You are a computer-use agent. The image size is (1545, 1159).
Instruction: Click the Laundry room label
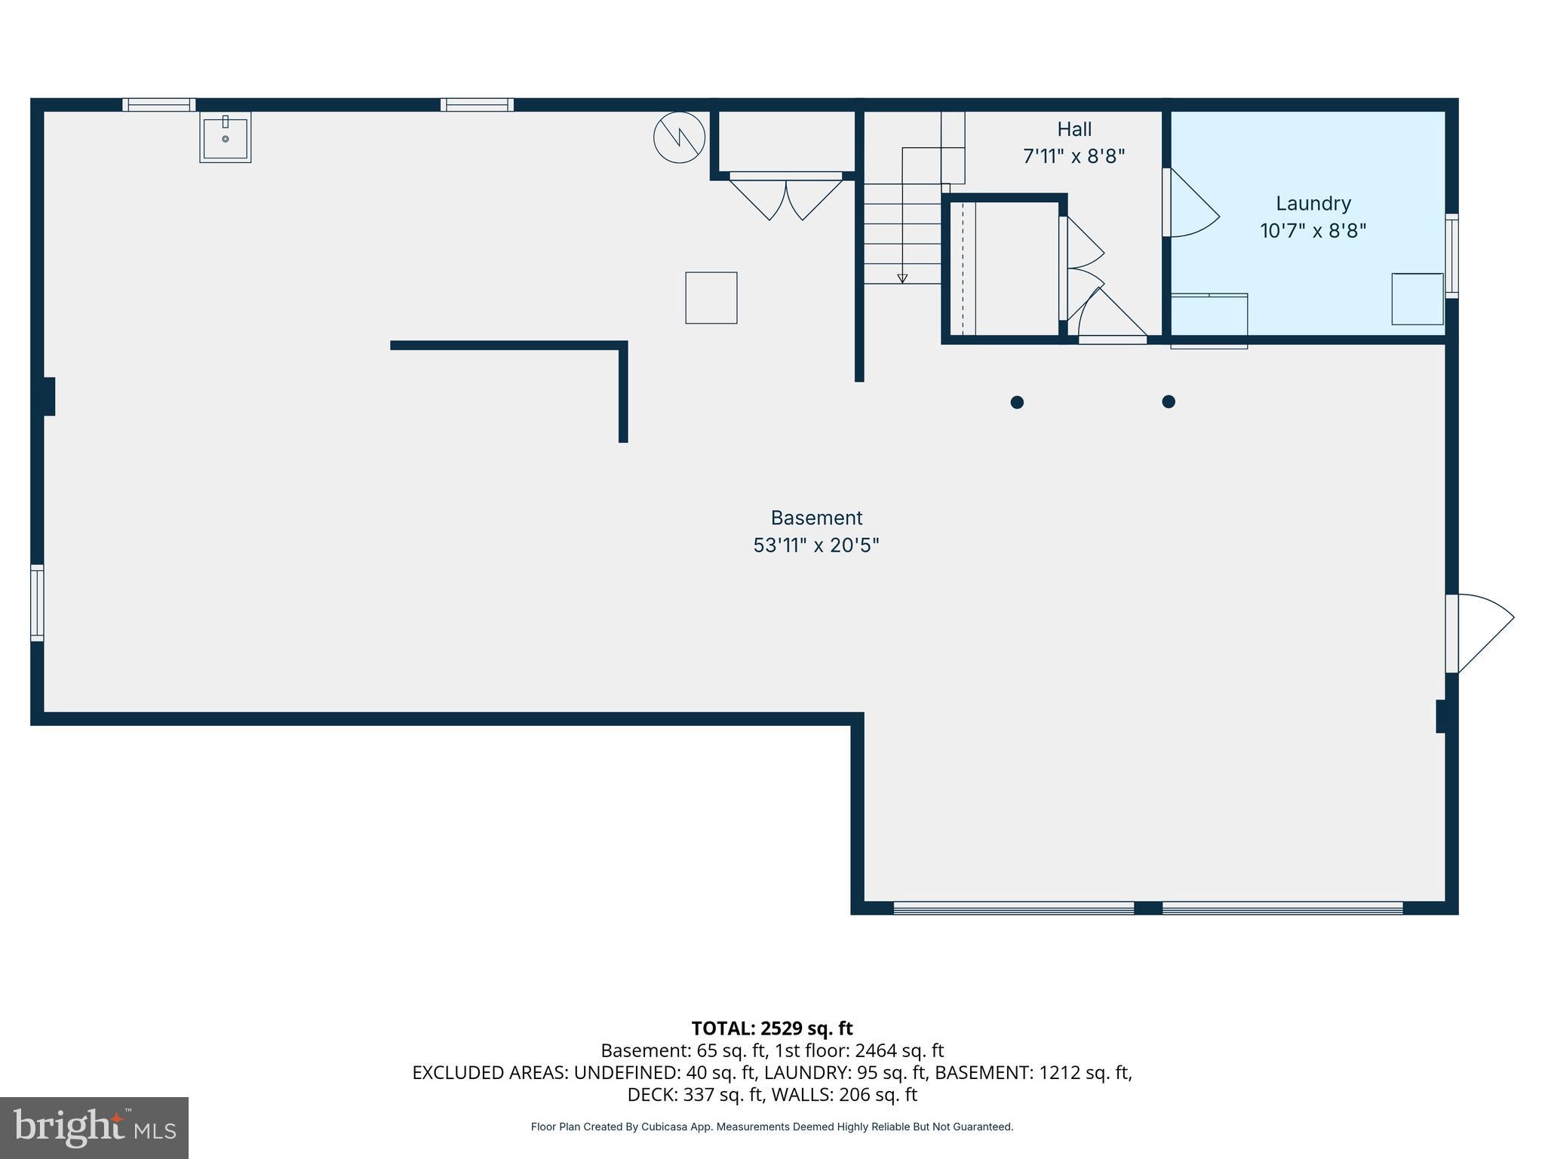tap(1313, 203)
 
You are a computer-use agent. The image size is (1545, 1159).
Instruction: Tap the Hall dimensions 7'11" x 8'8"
tap(1074, 156)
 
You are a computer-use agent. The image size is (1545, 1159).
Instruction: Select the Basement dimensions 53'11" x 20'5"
tap(816, 545)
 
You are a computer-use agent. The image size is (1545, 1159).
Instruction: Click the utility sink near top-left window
tap(225, 138)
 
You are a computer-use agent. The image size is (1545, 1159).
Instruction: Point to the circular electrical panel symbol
tap(679, 137)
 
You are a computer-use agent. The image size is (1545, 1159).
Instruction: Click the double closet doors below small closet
tap(785, 195)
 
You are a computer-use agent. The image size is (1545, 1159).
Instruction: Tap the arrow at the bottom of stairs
tap(902, 278)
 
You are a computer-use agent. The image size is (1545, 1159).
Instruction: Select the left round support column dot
tap(1017, 402)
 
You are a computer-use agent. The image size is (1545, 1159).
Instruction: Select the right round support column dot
tap(1169, 401)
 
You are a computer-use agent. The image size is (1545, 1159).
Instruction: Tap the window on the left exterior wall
tap(37, 602)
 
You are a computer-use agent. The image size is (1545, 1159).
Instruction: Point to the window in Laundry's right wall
tap(1451, 255)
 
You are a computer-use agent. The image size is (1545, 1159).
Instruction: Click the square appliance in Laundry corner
tap(1417, 299)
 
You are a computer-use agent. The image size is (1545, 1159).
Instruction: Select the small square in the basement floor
tap(711, 298)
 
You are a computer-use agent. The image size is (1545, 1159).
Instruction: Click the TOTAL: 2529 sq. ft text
tap(772, 1028)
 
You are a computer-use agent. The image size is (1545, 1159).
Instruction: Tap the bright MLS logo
tap(94, 1127)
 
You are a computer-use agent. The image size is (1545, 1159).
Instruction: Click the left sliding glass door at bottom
tap(1013, 908)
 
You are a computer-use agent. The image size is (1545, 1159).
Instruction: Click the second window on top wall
tap(477, 105)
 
